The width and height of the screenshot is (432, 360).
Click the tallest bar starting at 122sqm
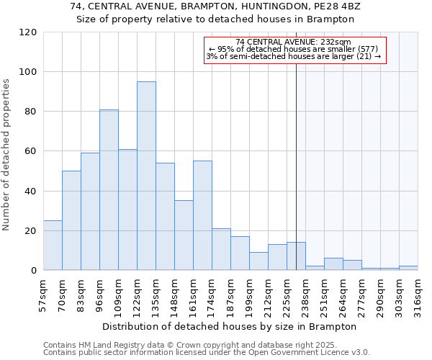point(146,176)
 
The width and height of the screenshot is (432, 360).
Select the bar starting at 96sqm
point(109,190)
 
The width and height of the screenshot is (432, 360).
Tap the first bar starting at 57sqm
point(53,246)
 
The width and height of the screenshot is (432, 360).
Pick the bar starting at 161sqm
point(202,215)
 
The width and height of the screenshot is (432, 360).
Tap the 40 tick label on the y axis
point(31,192)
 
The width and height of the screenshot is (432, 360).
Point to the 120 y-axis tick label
point(28,32)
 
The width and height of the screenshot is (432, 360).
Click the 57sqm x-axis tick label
point(44,294)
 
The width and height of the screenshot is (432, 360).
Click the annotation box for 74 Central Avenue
point(295,50)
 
